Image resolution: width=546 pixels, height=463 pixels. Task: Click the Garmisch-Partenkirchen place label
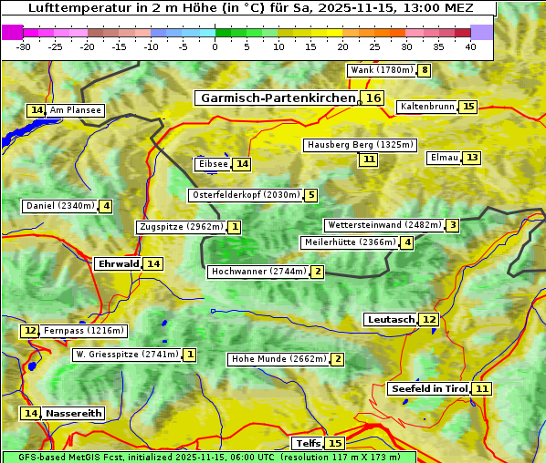(278, 98)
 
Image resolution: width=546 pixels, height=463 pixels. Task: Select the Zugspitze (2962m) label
(181, 227)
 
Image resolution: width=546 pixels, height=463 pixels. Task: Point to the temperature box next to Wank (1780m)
(424, 70)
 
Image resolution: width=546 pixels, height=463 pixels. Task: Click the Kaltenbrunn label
(426, 107)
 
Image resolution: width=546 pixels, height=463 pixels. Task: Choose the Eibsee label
(212, 164)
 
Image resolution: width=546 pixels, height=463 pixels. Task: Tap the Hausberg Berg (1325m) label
(360, 145)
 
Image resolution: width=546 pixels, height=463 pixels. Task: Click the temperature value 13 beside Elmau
(471, 158)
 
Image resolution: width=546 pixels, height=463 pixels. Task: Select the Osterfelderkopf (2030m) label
(245, 195)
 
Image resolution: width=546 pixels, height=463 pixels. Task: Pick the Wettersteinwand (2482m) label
(383, 225)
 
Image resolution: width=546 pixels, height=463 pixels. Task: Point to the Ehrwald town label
(118, 263)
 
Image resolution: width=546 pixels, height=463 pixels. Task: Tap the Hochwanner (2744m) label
(258, 272)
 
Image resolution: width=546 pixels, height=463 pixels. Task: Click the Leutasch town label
(390, 319)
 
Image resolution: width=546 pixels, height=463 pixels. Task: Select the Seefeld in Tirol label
(428, 388)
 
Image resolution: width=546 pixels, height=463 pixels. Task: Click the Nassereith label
(73, 413)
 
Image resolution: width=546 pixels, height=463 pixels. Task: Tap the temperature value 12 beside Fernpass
(30, 331)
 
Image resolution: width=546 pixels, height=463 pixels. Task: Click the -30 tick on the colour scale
(25, 46)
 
